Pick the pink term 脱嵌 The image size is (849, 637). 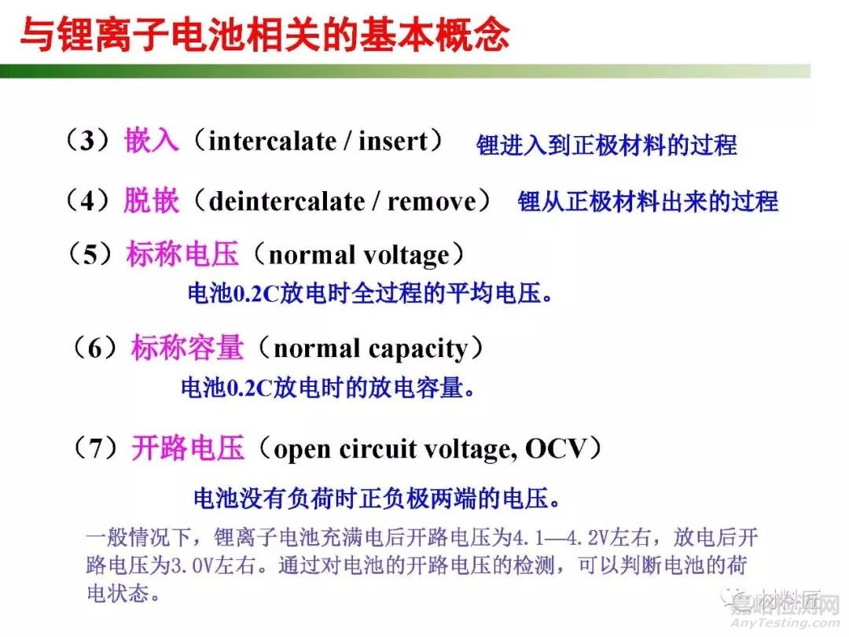point(151,201)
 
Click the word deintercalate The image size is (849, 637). point(286,201)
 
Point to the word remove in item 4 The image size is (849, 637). point(432,201)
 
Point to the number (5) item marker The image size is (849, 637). point(92,255)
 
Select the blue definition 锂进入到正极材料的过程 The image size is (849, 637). point(606,145)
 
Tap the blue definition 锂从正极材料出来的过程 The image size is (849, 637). point(647,201)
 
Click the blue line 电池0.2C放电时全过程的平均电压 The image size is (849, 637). point(369,294)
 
